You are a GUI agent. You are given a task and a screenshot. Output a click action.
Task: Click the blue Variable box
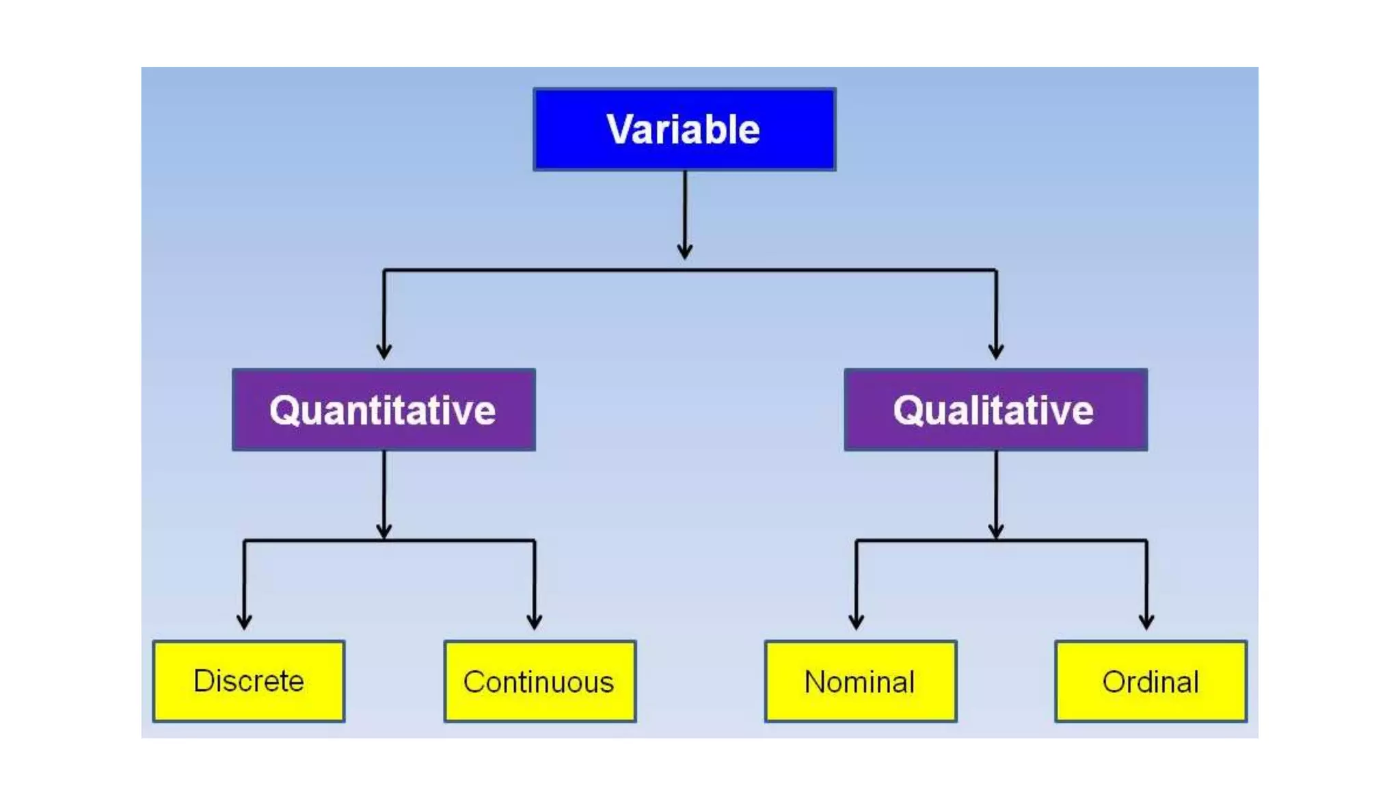(x=684, y=129)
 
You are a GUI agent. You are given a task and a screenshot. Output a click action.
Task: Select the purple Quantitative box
(x=383, y=410)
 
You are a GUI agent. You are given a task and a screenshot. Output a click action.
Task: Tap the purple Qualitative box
(x=995, y=410)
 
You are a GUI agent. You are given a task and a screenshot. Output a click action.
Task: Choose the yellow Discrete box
(x=249, y=681)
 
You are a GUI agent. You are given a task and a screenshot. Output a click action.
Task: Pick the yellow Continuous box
(x=539, y=681)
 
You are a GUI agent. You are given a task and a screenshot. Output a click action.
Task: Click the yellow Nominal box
(x=860, y=681)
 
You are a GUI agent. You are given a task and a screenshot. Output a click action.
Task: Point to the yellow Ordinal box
(x=1150, y=681)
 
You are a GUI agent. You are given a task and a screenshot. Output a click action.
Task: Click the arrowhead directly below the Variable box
(x=684, y=251)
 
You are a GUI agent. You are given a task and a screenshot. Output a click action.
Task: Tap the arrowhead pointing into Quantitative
(x=383, y=352)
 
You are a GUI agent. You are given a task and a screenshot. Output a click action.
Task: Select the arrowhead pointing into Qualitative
(x=996, y=352)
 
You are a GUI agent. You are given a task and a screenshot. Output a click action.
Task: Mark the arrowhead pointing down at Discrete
(x=244, y=622)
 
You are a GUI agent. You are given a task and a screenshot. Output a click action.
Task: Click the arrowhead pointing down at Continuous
(x=535, y=622)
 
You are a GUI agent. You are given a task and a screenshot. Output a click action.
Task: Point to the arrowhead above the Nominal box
(x=856, y=622)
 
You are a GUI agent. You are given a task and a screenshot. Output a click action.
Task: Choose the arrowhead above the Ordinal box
(x=1146, y=622)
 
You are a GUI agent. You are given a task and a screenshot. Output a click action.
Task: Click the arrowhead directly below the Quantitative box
(x=383, y=531)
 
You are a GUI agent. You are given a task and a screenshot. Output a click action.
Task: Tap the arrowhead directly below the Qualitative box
(x=996, y=531)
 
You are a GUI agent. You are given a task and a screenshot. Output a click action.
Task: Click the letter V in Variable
(x=620, y=129)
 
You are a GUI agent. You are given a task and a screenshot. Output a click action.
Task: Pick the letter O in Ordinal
(x=1114, y=682)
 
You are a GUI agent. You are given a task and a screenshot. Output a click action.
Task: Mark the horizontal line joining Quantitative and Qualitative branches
(x=820, y=270)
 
